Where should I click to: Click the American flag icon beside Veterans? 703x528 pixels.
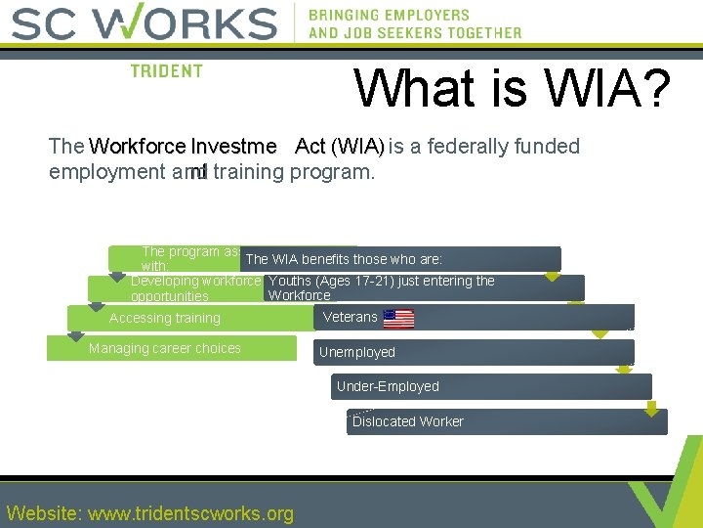pyautogui.click(x=398, y=319)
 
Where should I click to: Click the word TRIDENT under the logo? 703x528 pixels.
pyautogui.click(x=167, y=71)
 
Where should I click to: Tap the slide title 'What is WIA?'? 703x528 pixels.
pyautogui.click(x=512, y=88)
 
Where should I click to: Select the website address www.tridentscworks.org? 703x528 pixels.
pyautogui.click(x=190, y=513)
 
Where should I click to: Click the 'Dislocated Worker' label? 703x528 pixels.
pyautogui.click(x=407, y=421)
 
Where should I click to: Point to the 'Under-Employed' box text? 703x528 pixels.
pyautogui.click(x=388, y=386)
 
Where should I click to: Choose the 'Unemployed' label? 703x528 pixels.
pyautogui.click(x=357, y=352)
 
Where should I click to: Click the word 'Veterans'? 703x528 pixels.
pyautogui.click(x=350, y=317)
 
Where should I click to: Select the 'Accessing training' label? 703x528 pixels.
pyautogui.click(x=164, y=318)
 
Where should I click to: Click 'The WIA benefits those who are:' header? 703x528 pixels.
pyautogui.click(x=344, y=259)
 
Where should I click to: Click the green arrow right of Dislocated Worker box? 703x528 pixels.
pyautogui.click(x=651, y=409)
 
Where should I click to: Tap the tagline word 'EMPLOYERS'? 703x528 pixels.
pyautogui.click(x=420, y=15)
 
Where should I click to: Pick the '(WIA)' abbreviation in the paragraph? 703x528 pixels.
pyautogui.click(x=357, y=147)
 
